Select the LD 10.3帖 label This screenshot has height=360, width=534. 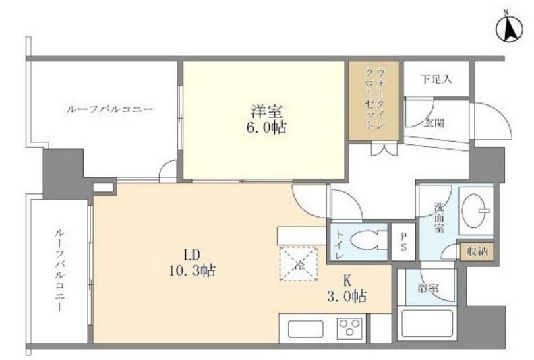pyautogui.click(x=191, y=263)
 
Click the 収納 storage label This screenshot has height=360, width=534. pyautogui.click(x=476, y=251)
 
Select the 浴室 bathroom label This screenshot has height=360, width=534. pyautogui.click(x=427, y=289)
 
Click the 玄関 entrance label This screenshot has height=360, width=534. pyautogui.click(x=434, y=123)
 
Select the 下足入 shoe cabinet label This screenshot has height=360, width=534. pyautogui.click(x=436, y=80)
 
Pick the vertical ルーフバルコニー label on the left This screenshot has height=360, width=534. pyautogui.click(x=60, y=270)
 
